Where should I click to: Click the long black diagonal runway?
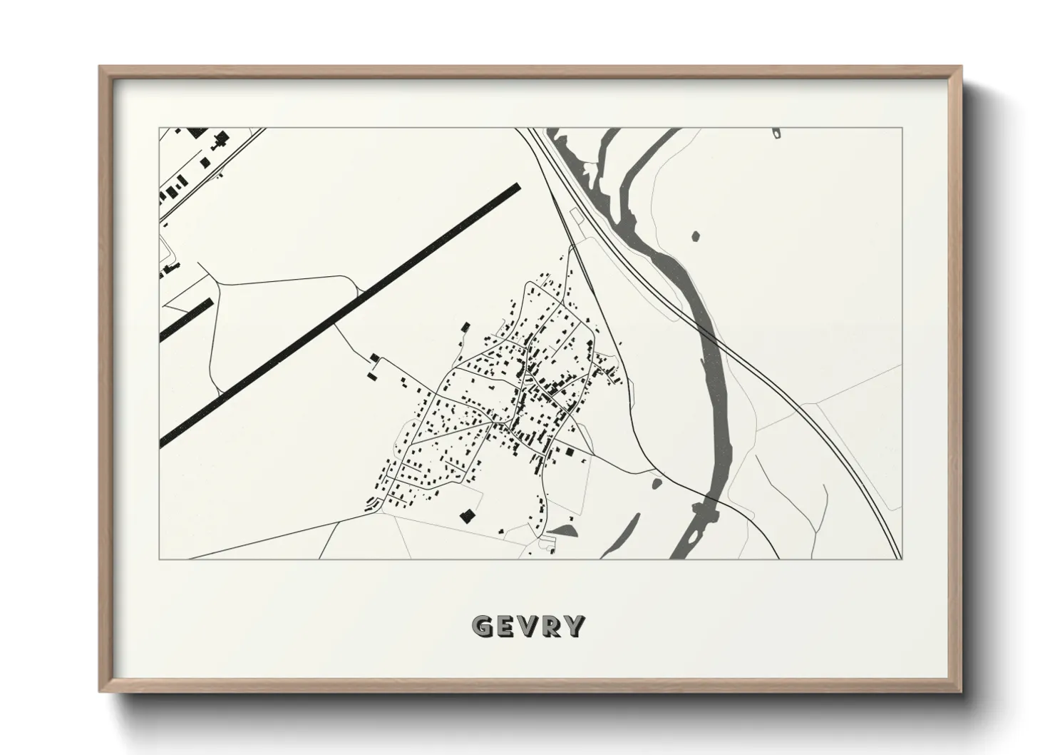point(342,314)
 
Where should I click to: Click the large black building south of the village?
point(468,515)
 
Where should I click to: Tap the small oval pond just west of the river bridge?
point(657,484)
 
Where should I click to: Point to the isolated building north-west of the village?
point(465,327)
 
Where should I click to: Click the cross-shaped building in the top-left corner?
point(220,138)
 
